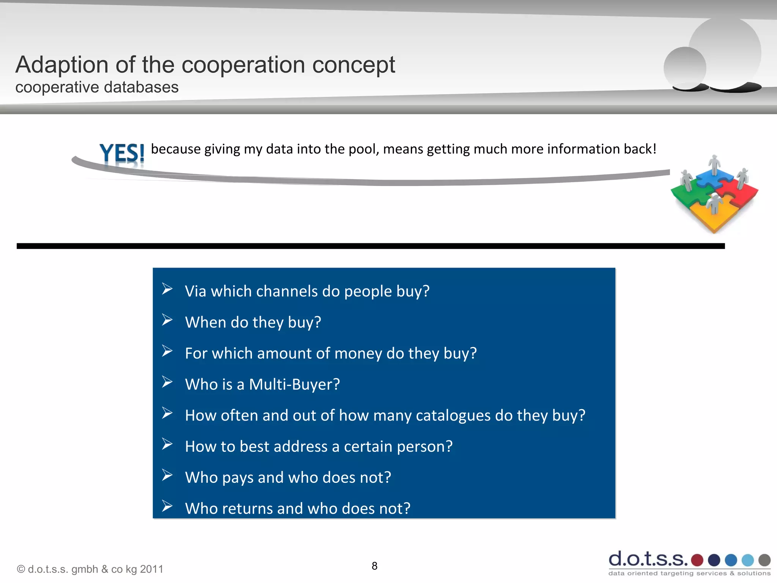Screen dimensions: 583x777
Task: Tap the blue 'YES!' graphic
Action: click(122, 154)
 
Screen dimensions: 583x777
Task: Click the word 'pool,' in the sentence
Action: click(364, 149)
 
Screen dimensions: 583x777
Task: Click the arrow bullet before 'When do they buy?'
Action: click(167, 320)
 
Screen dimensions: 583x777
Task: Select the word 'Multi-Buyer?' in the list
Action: click(294, 384)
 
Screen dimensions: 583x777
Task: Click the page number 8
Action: click(374, 566)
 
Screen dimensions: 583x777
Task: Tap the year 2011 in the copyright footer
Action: click(151, 569)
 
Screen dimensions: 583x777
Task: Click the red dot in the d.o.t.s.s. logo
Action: click(697, 560)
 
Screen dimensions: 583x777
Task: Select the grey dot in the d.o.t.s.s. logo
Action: click(764, 560)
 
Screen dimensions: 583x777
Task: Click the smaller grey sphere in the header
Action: click(684, 68)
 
